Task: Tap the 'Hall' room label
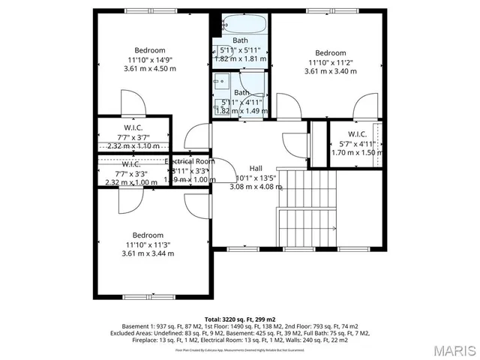256,168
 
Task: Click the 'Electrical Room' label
190,161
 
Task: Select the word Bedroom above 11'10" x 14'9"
149,50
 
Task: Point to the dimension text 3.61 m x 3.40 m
330,72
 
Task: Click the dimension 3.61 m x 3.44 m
148,253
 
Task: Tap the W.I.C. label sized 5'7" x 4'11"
356,134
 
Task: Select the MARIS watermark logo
449,350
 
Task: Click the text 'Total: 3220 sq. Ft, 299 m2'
240,319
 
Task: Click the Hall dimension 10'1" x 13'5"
256,178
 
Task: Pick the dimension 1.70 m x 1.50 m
357,152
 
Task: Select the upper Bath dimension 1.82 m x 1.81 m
240,58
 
